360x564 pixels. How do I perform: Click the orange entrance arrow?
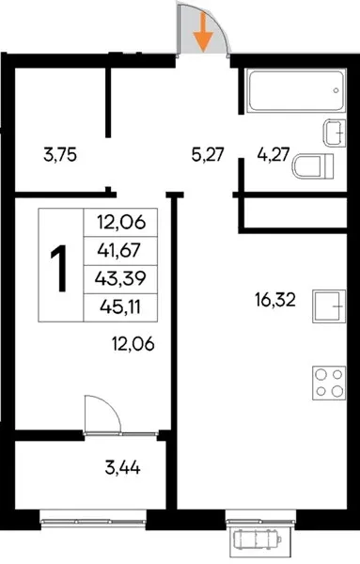[x=204, y=32]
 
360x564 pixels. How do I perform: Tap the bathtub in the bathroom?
[x=297, y=91]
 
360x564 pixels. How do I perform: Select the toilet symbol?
[x=312, y=166]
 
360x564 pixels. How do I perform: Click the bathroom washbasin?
[x=334, y=133]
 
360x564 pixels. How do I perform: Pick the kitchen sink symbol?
[x=329, y=306]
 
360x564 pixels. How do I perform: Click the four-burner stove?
[x=329, y=383]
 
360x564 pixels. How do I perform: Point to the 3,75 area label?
[x=60, y=155]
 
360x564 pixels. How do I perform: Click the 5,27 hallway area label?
[x=208, y=155]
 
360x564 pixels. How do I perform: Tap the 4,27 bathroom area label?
[x=274, y=155]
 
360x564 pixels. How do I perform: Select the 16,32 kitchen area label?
[x=275, y=300]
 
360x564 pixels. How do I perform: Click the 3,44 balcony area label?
[x=122, y=468]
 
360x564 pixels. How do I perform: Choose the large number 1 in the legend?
[x=58, y=268]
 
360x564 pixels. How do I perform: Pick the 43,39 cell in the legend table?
[x=120, y=278]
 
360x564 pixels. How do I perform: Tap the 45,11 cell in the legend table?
[x=120, y=307]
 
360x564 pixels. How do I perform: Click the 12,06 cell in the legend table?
[x=121, y=222]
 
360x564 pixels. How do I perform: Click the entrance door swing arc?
[x=218, y=22]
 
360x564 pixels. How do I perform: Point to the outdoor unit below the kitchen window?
[x=257, y=540]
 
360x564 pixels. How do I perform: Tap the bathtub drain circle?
[x=336, y=90]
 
